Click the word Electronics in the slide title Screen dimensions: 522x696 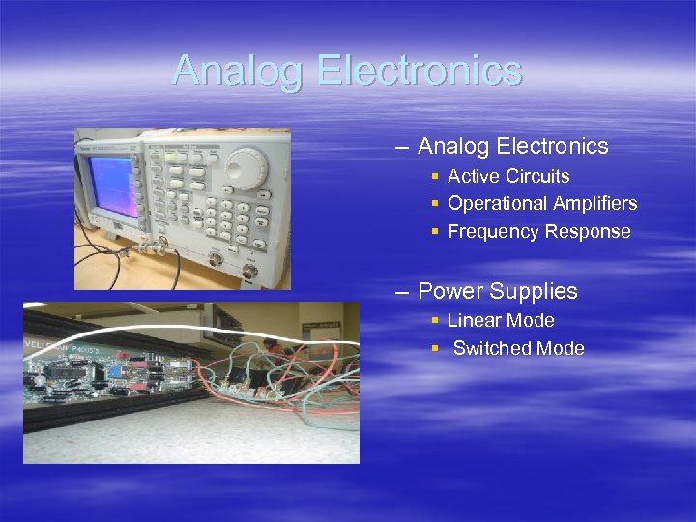[x=419, y=71]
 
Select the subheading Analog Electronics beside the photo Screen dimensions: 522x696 [x=512, y=147]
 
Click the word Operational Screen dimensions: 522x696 [x=495, y=204]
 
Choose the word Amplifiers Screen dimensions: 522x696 [x=593, y=204]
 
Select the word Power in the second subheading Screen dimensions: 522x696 [x=449, y=292]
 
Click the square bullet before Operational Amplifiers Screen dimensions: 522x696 [x=436, y=204]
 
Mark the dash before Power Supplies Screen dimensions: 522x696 [x=401, y=292]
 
